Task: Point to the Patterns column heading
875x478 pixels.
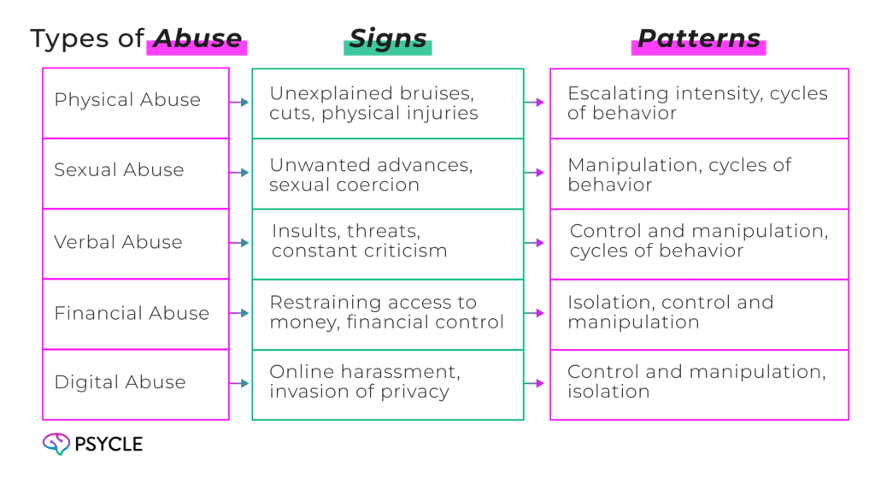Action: pyautogui.click(x=698, y=39)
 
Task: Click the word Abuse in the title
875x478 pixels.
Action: pyautogui.click(x=197, y=39)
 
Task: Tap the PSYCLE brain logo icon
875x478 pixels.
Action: pyautogui.click(x=56, y=443)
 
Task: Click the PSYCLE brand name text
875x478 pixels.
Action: pyautogui.click(x=108, y=444)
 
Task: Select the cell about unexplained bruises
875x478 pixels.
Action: pyautogui.click(x=387, y=103)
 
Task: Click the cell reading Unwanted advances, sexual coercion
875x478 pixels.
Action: pyautogui.click(x=387, y=174)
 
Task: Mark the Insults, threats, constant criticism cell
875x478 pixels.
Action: pyautogui.click(x=387, y=243)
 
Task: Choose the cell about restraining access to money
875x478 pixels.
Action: pyautogui.click(x=387, y=313)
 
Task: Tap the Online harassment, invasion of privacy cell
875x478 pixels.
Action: pyautogui.click(x=387, y=383)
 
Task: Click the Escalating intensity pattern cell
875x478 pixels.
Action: pyautogui.click(x=698, y=103)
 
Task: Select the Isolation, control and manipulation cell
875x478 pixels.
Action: pyautogui.click(x=698, y=313)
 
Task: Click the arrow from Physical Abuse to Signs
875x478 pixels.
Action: pyautogui.click(x=240, y=103)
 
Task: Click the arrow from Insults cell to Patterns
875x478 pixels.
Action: pyautogui.click(x=535, y=243)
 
